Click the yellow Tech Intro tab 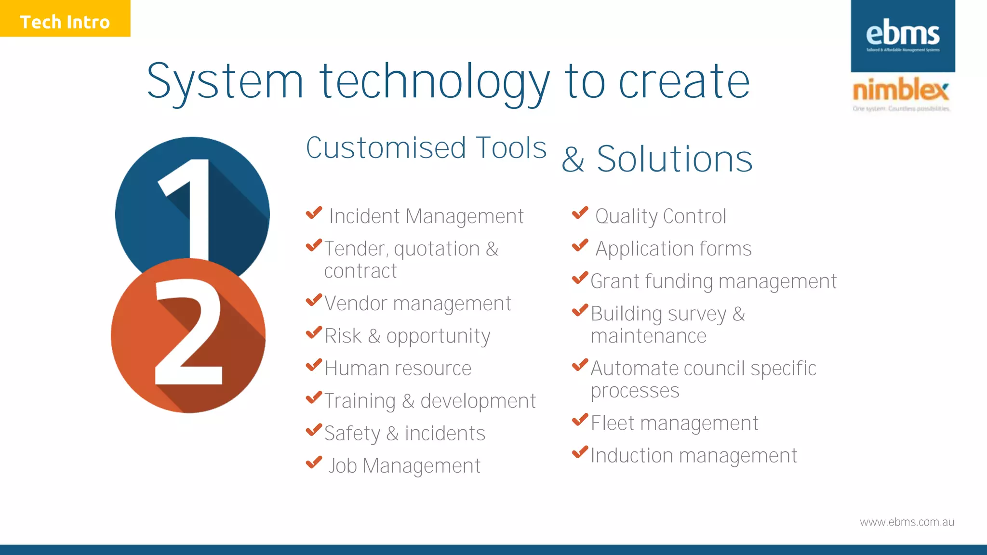click(65, 19)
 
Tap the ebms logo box click(902, 36)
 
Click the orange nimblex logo click(900, 91)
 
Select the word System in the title click(225, 82)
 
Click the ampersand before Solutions click(573, 160)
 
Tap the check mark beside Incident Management click(314, 212)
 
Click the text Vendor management click(417, 304)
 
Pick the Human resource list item click(398, 369)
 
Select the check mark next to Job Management click(314, 462)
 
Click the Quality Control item click(660, 216)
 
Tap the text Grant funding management click(713, 281)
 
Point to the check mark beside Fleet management click(580, 420)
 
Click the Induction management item click(694, 456)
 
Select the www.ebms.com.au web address click(907, 522)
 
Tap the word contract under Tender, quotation click(360, 271)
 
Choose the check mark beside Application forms click(580, 245)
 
